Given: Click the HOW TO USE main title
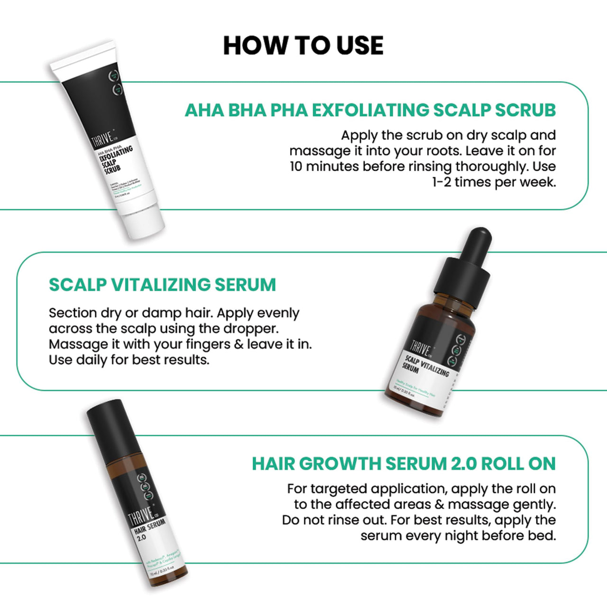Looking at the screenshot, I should [x=303, y=46].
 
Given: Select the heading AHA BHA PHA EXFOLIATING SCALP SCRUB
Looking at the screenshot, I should [x=370, y=110].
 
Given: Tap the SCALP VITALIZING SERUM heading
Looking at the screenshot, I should [x=162, y=285].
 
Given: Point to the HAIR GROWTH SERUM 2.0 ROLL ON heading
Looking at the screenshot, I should [x=404, y=464].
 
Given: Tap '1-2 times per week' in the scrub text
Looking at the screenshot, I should [x=493, y=182].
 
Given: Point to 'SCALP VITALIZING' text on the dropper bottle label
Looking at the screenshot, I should [x=427, y=366].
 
